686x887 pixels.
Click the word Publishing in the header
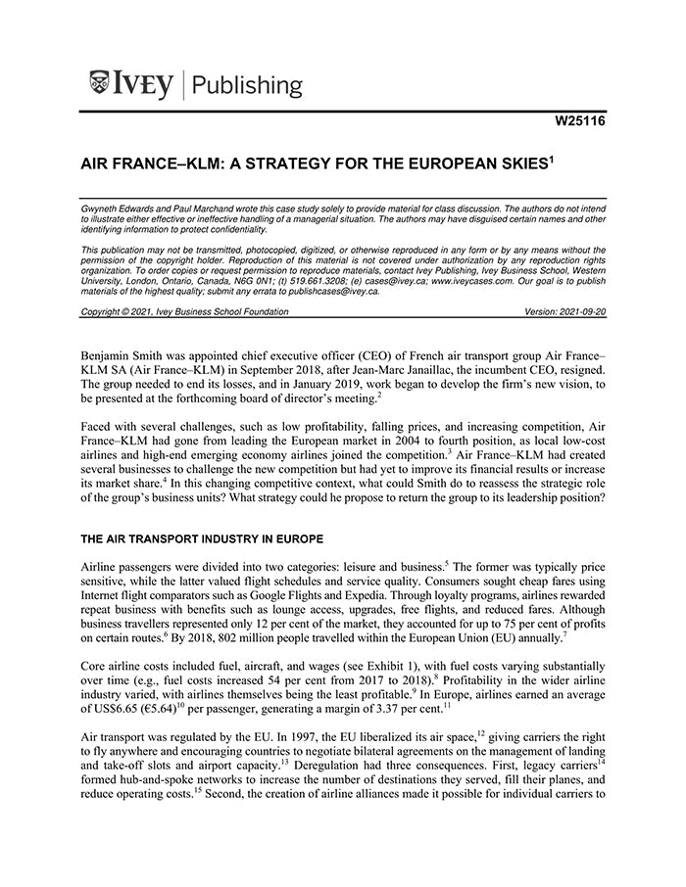pos(249,86)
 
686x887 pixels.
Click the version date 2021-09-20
pos(576,311)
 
